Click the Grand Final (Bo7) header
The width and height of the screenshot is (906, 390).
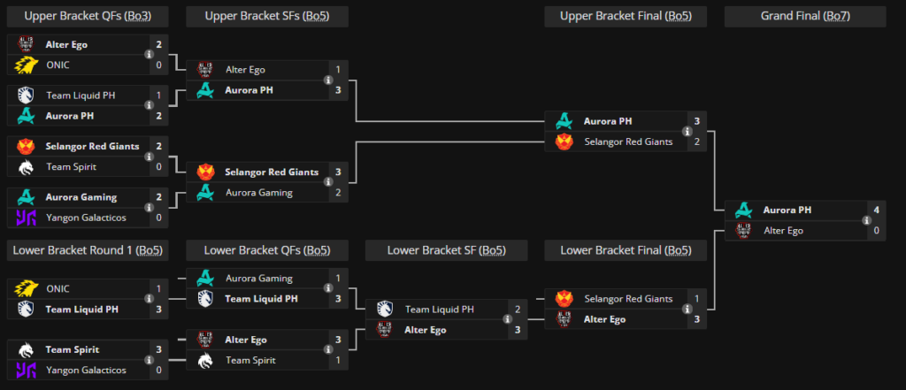point(805,16)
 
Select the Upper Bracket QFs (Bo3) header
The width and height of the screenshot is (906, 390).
point(88,16)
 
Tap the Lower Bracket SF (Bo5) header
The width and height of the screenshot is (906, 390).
point(447,250)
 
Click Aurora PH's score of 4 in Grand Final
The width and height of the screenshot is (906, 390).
point(876,210)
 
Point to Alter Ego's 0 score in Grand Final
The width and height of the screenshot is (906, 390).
point(876,231)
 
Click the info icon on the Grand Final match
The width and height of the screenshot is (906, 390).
point(866,220)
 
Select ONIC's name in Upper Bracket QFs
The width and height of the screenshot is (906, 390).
point(58,65)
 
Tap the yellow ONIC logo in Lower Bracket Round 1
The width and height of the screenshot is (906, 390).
point(26,288)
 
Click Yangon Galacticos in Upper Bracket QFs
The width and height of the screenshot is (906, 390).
point(86,218)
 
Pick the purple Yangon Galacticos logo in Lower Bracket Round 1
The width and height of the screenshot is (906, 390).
point(26,370)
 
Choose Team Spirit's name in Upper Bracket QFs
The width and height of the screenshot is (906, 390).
point(71,167)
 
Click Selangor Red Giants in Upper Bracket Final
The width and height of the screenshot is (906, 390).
point(628,141)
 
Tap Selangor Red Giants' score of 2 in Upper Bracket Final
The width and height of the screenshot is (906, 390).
point(697,141)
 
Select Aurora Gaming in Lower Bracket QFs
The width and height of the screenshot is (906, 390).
point(259,279)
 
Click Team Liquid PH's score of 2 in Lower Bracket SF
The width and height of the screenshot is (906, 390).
point(518,310)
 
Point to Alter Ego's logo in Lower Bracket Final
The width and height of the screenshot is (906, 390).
point(564,319)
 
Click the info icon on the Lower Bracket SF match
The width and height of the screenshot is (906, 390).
point(507,319)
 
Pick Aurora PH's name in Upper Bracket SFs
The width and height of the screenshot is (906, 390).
point(249,90)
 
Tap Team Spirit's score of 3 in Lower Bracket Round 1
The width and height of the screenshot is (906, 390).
point(159,349)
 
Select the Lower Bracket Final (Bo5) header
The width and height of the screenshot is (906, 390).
point(626,250)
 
